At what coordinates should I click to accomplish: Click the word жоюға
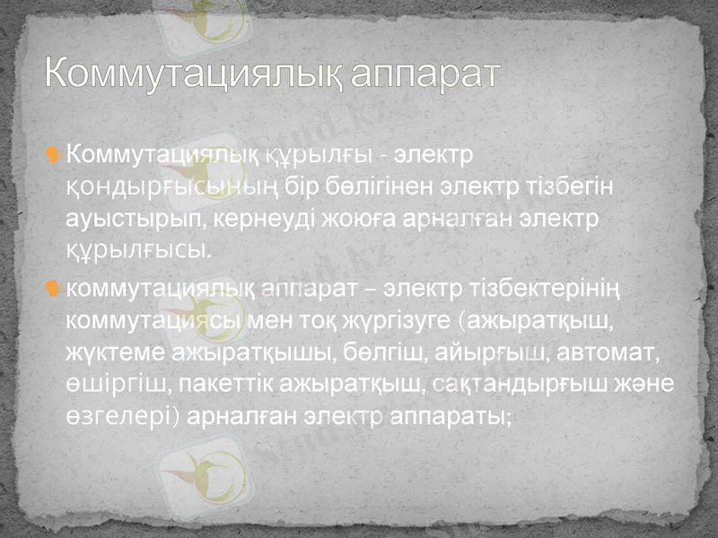pyautogui.click(x=342, y=218)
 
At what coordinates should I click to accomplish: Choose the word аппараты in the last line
pyautogui.click(x=449, y=416)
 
